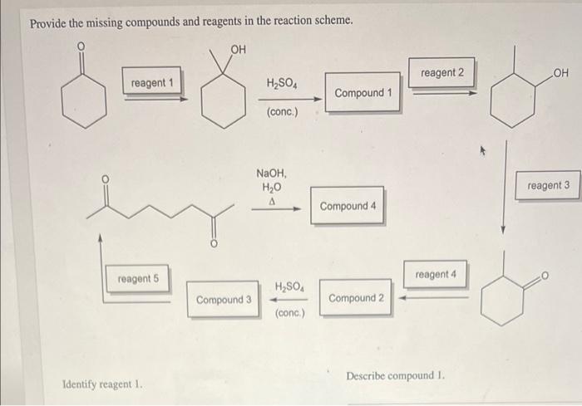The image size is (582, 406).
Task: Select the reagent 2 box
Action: (x=442, y=73)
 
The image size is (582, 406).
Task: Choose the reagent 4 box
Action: (x=436, y=274)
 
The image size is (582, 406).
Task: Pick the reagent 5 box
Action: (x=137, y=279)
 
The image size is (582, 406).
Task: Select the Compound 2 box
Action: (x=356, y=298)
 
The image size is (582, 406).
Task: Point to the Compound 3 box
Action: (x=224, y=299)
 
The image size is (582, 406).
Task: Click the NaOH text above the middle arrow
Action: (x=271, y=174)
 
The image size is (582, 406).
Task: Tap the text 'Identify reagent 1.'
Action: (x=98, y=385)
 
